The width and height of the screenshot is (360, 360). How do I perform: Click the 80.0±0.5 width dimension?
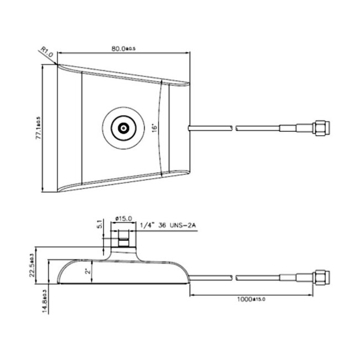point(124,49)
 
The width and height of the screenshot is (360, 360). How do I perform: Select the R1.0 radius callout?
point(47,53)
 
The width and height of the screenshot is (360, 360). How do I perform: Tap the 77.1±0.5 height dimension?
point(38,128)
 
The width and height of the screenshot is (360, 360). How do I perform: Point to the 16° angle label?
point(155,128)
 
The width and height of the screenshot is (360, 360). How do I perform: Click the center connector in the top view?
point(121,128)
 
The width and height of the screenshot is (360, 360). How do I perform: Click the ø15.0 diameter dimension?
point(122,218)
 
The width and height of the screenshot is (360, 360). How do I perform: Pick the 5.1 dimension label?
point(100,225)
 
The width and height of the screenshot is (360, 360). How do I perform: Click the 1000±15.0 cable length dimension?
point(250,299)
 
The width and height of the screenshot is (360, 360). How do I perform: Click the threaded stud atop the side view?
point(122,242)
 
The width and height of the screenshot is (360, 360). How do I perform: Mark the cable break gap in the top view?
point(232,128)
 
